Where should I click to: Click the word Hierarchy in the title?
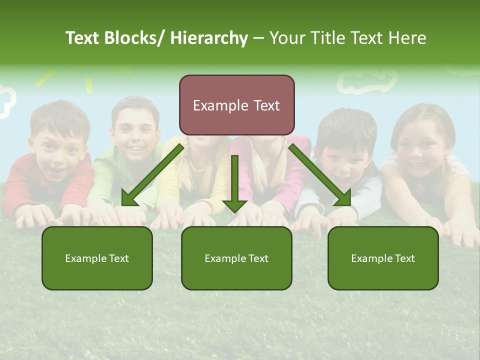click(209, 38)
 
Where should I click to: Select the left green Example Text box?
click(97, 272)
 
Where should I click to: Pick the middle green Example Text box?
click(236, 272)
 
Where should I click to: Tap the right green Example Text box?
click(383, 272)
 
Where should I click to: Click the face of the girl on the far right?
click(420, 147)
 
